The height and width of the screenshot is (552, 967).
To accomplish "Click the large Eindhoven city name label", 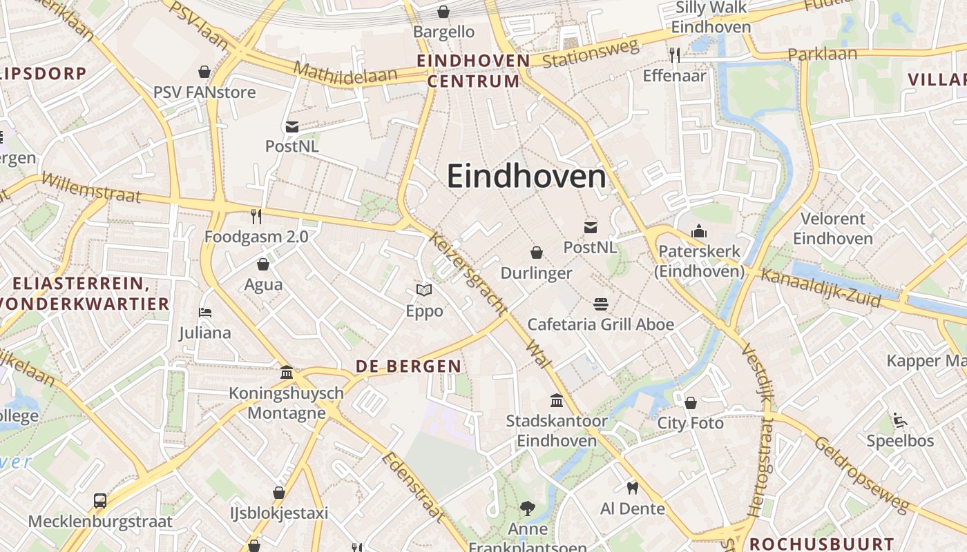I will pyautogui.click(x=526, y=177).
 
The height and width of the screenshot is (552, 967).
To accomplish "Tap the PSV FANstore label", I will pyautogui.click(x=204, y=92).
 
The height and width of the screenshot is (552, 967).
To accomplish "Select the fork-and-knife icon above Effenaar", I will pyautogui.click(x=675, y=55).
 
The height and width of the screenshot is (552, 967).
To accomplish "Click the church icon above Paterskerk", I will pyautogui.click(x=699, y=231).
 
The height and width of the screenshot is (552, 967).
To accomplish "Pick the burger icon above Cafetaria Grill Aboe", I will pyautogui.click(x=600, y=304).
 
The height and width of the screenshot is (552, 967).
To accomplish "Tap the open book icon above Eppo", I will pyautogui.click(x=424, y=290).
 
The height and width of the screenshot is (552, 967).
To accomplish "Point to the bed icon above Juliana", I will pyautogui.click(x=204, y=313).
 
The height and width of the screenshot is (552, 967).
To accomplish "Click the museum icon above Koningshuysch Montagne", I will pyautogui.click(x=287, y=373).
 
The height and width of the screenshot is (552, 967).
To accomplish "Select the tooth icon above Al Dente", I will pyautogui.click(x=632, y=488).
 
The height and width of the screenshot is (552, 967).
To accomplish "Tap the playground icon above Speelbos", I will pyautogui.click(x=900, y=420).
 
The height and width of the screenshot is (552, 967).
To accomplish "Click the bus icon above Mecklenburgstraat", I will pyautogui.click(x=100, y=500).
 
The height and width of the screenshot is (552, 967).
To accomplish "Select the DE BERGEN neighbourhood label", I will pyautogui.click(x=408, y=366).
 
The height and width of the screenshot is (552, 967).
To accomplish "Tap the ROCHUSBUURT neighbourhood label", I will pyautogui.click(x=822, y=543).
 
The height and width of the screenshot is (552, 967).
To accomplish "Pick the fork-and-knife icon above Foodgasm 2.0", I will pyautogui.click(x=256, y=217).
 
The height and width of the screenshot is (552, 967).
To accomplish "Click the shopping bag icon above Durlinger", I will pyautogui.click(x=537, y=253).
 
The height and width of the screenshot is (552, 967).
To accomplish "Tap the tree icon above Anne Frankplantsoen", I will pyautogui.click(x=528, y=509).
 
